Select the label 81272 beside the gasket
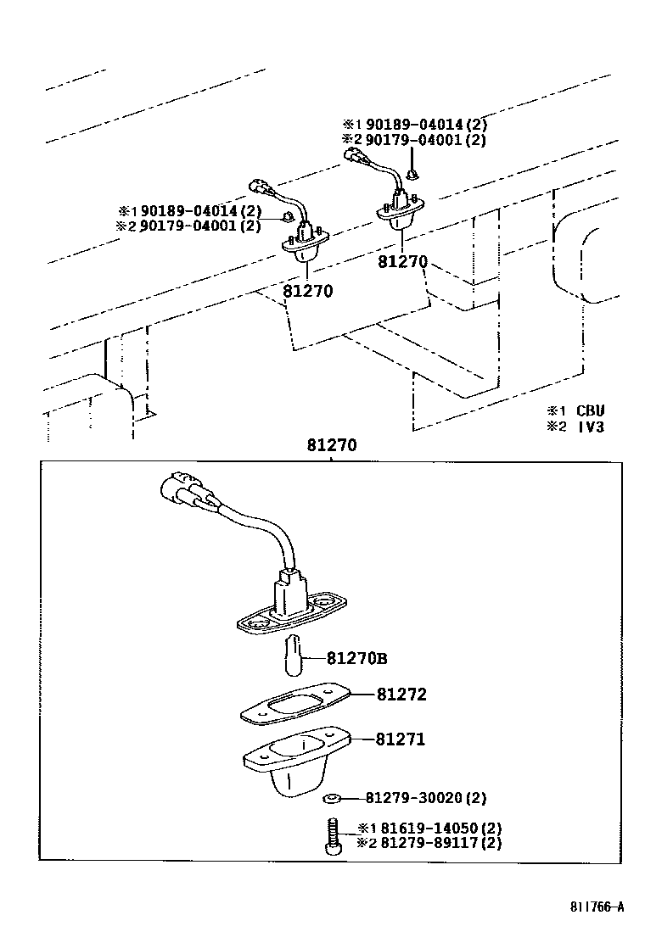(x=401, y=695)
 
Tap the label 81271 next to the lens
(x=401, y=739)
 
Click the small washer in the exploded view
(x=331, y=798)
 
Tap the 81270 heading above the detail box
(x=331, y=445)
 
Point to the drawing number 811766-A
(x=597, y=907)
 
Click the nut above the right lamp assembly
(x=412, y=175)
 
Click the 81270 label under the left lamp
(x=306, y=291)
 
